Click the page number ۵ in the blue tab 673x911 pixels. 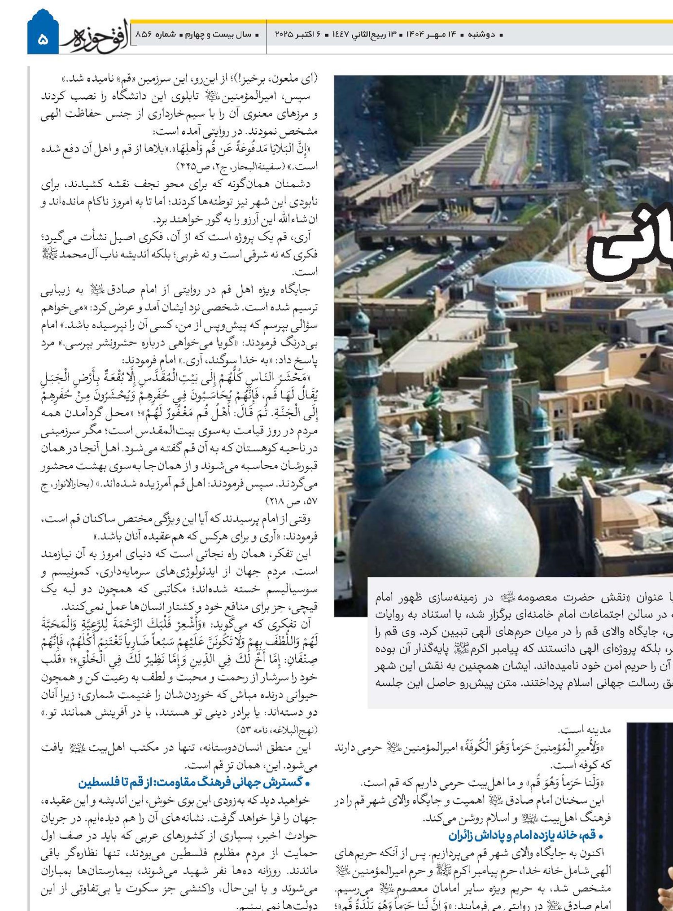(x=43, y=39)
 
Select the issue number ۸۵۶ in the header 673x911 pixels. (x=143, y=35)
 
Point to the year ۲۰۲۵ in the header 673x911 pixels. (x=284, y=35)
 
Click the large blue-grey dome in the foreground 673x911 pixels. (x=446, y=516)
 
